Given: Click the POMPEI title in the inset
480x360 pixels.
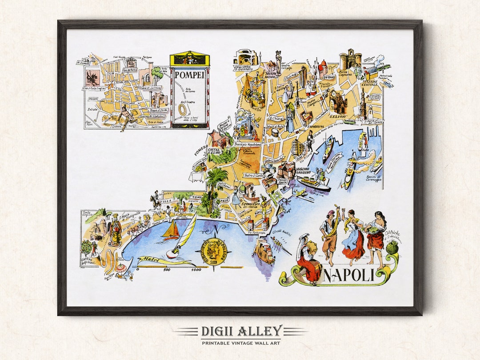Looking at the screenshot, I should tap(190, 75).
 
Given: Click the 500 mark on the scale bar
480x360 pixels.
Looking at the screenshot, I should tap(167, 269).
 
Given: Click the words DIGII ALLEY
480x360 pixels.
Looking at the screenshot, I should tap(241, 331).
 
